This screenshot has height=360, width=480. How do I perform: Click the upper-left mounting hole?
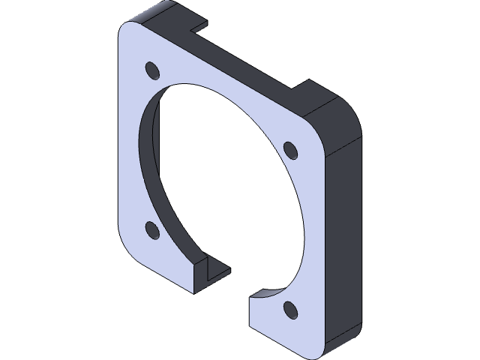[x=152, y=71]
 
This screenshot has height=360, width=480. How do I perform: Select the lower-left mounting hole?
[x=151, y=228]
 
